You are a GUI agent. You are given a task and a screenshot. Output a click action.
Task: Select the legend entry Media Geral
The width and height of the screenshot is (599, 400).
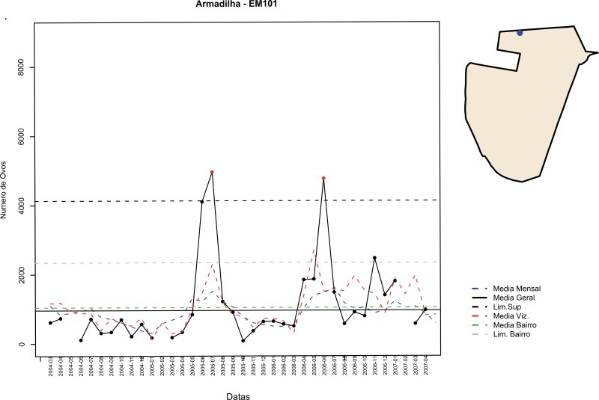pyautogui.click(x=517, y=298)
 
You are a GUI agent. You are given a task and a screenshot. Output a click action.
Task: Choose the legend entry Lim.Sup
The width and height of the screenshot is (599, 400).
pyautogui.click(x=512, y=307)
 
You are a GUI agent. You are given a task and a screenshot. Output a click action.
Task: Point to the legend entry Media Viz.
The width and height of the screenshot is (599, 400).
pyautogui.click(x=514, y=316)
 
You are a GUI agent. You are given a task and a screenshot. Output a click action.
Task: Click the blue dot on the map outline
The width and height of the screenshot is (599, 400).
pyautogui.click(x=520, y=32)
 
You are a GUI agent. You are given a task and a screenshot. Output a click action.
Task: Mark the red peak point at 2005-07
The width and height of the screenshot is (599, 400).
pyautogui.click(x=213, y=172)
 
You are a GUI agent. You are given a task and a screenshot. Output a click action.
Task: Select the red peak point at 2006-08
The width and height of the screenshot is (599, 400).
pyautogui.click(x=323, y=178)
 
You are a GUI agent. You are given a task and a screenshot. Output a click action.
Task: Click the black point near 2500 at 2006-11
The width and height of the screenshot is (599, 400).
pyautogui.click(x=374, y=258)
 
